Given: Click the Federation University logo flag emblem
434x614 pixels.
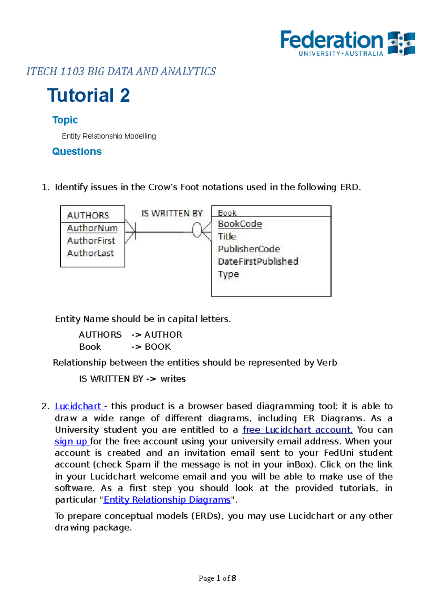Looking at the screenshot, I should [401, 43].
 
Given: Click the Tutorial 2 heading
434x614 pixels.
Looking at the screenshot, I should [89, 95].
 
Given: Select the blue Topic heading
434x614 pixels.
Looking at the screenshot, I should [65, 120].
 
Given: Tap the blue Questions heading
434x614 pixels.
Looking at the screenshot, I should [77, 152].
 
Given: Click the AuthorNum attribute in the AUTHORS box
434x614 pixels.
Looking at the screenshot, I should [92, 228].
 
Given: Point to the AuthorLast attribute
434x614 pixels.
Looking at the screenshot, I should [90, 253].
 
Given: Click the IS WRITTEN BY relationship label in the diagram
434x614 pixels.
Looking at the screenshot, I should [172, 214].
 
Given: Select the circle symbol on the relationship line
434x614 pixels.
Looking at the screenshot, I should [197, 230].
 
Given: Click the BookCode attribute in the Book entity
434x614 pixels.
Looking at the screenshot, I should [240, 224].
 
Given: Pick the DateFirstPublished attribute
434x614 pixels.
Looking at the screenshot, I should [258, 261].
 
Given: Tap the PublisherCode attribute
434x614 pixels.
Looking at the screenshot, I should [249, 249].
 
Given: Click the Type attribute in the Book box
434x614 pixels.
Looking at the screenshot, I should [228, 274].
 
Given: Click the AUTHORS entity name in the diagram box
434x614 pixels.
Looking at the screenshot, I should [88, 216].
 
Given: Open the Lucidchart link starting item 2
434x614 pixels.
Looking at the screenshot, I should [78, 406].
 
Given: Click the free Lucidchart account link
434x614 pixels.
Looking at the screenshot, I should [297, 430].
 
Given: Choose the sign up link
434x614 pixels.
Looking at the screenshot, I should [71, 441].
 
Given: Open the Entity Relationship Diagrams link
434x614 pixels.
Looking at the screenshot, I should [167, 500].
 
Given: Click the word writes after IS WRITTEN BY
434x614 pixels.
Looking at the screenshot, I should [173, 379].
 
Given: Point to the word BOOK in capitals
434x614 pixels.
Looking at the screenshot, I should [158, 347].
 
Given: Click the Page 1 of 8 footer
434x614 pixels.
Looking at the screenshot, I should [217, 579].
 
